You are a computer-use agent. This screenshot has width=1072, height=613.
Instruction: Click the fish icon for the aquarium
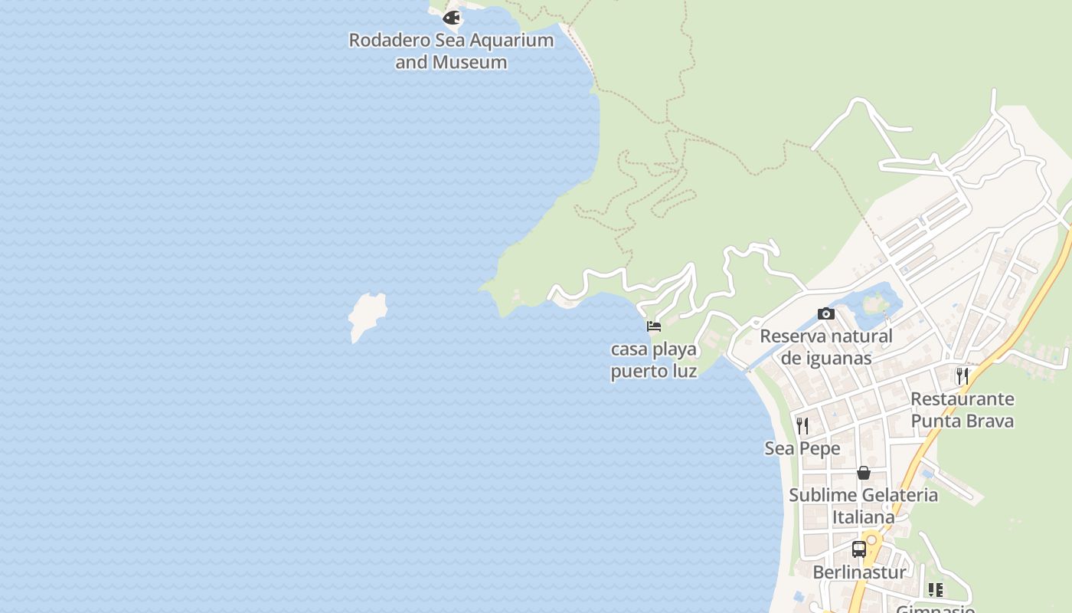pos(452,17)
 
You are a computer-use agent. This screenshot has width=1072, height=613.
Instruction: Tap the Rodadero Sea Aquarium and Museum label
pos(451,51)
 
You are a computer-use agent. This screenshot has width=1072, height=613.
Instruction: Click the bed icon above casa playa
pos(654,326)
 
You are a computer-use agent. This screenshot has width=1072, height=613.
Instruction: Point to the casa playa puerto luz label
pos(654,360)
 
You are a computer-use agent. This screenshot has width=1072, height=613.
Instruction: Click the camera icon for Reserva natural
pos(825,313)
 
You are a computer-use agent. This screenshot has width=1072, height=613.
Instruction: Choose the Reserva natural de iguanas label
pos(825,346)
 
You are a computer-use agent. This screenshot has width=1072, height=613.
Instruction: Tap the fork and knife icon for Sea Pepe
pos(802,426)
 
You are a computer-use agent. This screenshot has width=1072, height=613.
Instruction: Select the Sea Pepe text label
pos(802,448)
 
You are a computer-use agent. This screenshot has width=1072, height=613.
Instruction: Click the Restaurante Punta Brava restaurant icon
pos(963,376)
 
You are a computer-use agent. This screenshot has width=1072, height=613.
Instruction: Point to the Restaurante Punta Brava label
pos(962,410)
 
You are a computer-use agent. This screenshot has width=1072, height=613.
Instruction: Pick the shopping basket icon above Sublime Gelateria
pos(864,473)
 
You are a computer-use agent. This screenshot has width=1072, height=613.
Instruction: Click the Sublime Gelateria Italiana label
pos(864,506)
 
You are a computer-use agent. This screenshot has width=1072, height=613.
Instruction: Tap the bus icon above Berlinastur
pos(859,549)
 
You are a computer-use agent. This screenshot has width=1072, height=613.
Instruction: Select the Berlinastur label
pos(859,572)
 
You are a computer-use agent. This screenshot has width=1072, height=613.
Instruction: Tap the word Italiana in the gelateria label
pos(864,517)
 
